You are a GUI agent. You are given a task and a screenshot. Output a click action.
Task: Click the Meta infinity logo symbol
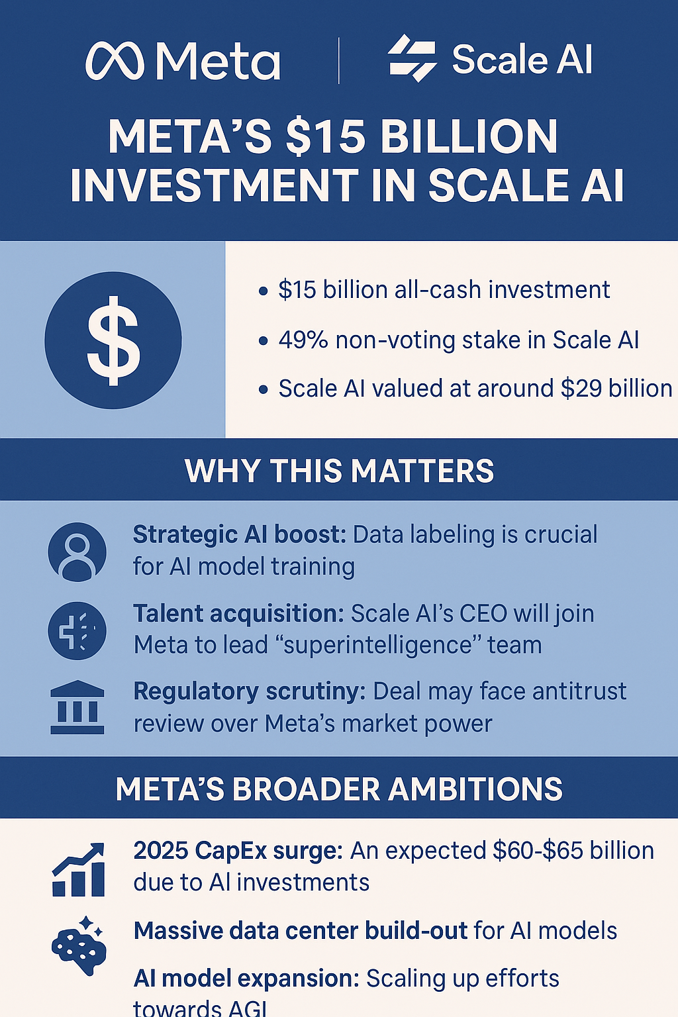click(x=115, y=61)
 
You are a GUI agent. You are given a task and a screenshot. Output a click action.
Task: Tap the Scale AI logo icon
click(x=412, y=58)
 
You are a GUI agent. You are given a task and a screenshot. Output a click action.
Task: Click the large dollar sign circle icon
click(x=113, y=340)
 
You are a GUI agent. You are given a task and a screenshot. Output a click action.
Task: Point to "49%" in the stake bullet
click(x=303, y=340)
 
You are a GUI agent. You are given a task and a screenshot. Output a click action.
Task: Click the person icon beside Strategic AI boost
click(x=77, y=552)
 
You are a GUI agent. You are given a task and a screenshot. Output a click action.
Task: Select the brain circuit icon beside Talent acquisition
click(x=77, y=630)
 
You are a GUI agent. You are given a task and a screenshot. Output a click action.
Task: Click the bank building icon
click(x=77, y=707)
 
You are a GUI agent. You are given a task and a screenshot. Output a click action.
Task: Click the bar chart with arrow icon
click(x=78, y=869)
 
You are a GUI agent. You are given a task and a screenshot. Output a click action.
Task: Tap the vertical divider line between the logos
click(x=339, y=61)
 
